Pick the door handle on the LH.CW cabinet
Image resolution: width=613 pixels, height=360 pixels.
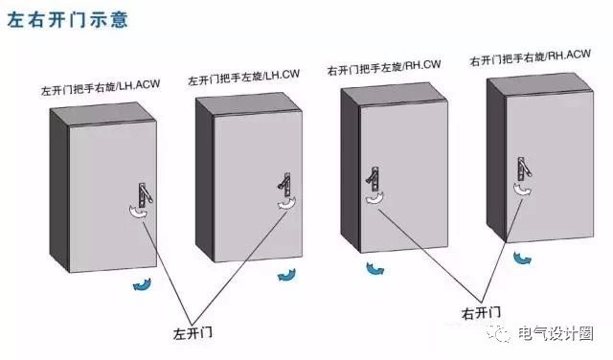click(x=284, y=185)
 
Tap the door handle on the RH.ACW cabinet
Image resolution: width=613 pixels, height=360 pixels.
click(x=523, y=168)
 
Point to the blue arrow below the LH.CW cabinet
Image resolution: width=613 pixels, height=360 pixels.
click(x=286, y=275)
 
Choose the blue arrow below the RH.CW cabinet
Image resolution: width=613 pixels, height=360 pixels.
click(x=374, y=268)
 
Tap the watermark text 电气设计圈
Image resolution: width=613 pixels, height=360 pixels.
click(x=568, y=333)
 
